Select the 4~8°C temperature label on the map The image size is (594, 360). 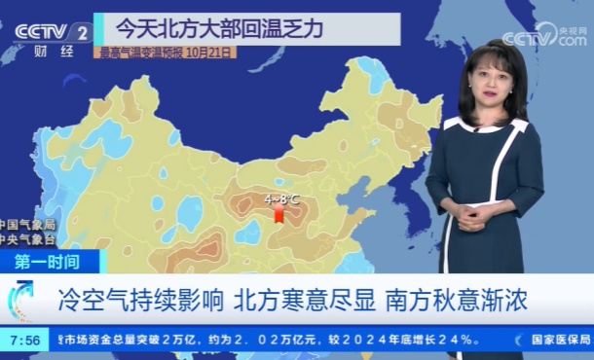tap(281, 198)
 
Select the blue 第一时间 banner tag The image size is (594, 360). tap(49, 261)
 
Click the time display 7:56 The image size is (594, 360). tap(24, 340)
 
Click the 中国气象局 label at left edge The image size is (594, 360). tap(27, 225)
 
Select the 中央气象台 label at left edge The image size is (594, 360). tap(27, 238)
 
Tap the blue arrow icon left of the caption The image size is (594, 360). tap(20, 298)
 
